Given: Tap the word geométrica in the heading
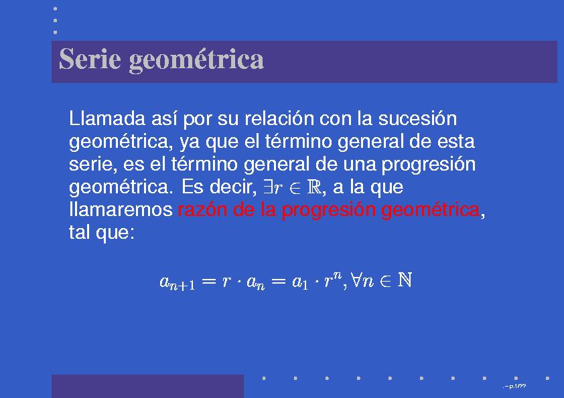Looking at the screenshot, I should [x=196, y=61].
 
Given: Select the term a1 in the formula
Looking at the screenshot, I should [x=299, y=282].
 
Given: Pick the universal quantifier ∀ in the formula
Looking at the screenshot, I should [x=354, y=281].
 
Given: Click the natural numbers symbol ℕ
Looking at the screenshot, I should [x=404, y=280].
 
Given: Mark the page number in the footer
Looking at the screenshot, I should [x=518, y=387].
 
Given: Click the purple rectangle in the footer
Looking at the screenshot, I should [x=147, y=386].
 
